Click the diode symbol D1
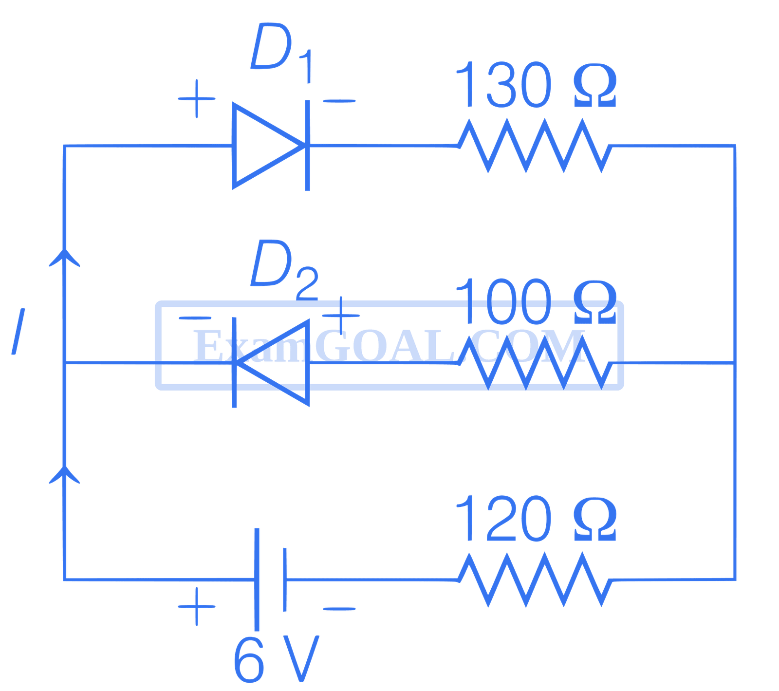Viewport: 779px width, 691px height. (271, 145)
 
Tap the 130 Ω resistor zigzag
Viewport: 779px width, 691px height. (535, 146)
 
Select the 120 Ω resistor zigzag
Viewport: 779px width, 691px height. (535, 579)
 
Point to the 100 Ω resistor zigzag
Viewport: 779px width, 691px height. (535, 370)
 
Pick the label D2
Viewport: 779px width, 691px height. (282, 270)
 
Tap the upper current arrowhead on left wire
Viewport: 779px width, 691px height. (64, 258)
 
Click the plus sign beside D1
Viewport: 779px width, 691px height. (196, 99)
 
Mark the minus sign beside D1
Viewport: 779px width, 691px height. (339, 101)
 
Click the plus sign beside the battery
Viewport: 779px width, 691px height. (196, 606)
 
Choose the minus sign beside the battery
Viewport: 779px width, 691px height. (339, 608)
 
